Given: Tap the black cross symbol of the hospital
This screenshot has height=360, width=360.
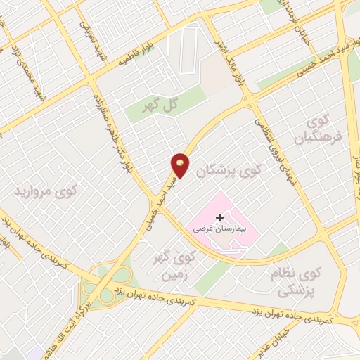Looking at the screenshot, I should (x=219, y=218).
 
